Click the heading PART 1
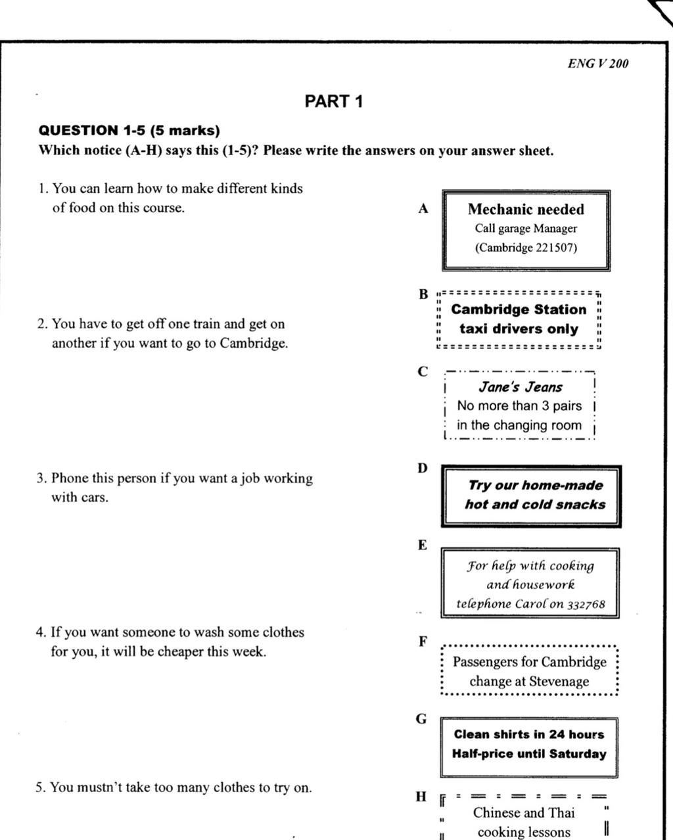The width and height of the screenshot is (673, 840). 334,101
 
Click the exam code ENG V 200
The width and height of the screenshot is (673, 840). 598,64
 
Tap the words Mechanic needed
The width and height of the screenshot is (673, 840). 526,210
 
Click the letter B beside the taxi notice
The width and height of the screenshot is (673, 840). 423,294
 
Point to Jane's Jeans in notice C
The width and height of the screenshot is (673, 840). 520,387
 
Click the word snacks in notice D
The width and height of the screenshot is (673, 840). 580,505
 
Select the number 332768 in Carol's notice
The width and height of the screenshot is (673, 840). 586,604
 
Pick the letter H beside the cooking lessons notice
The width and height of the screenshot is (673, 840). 421,797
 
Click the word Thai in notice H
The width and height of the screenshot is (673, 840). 561,813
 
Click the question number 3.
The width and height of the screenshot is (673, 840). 41,478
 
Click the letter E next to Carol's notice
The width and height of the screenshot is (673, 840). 422,545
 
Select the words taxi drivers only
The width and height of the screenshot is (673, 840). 519,329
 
